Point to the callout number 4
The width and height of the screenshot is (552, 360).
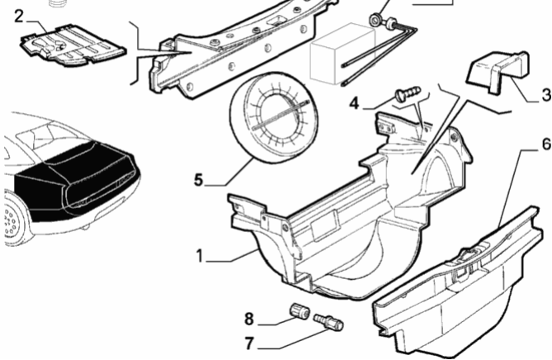click(354, 104)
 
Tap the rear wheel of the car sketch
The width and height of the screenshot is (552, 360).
click(11, 220)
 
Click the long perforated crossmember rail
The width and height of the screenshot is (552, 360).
click(239, 41)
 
